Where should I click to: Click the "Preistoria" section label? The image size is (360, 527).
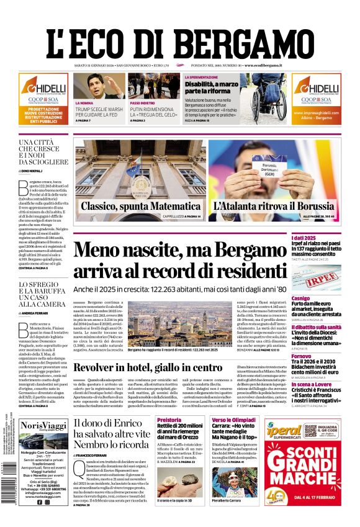[169, 420]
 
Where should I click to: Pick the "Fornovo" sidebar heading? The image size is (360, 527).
[318, 356]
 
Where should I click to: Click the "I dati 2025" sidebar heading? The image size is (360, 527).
[321, 238]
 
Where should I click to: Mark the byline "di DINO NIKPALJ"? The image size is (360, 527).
[34, 170]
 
